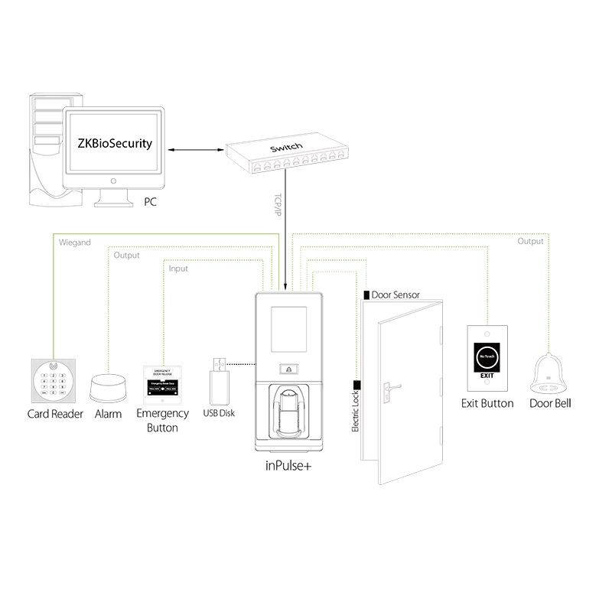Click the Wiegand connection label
coord(75,243)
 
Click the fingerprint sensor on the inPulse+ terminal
coord(288,405)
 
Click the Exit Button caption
coord(487,403)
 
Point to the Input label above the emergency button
coord(177,269)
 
